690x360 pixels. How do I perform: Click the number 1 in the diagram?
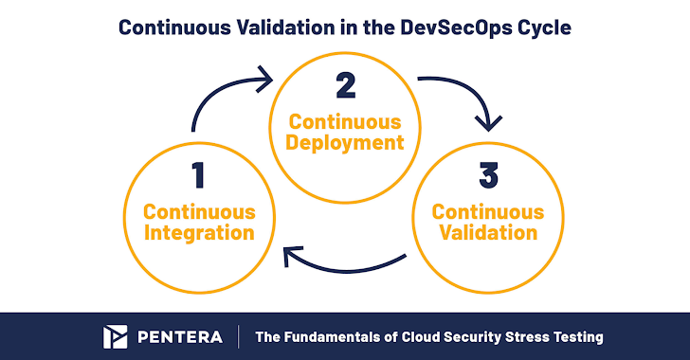point(198,175)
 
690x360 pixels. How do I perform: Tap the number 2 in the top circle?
point(345,85)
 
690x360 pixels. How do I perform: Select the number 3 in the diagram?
point(488,175)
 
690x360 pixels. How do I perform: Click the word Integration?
point(199,232)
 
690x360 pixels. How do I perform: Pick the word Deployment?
point(345,143)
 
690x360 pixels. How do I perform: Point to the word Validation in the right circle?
point(488,232)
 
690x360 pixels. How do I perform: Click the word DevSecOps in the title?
point(456,27)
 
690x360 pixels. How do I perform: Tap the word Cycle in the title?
point(545,28)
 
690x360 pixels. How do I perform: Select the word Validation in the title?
point(285,27)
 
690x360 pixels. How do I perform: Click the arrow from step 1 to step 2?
point(220,89)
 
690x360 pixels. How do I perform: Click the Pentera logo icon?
point(116,337)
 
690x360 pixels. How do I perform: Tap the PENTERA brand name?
point(180,337)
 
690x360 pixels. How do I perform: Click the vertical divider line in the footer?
point(239,337)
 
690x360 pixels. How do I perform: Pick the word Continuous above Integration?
point(199,212)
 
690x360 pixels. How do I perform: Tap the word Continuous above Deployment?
point(345,122)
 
